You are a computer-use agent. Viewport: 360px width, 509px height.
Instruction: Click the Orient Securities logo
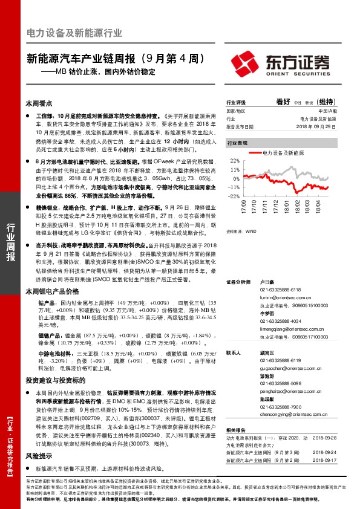pyautogui.click(x=282, y=63)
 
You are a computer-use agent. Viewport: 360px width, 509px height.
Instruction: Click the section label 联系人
pyautogui.click(x=234, y=352)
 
